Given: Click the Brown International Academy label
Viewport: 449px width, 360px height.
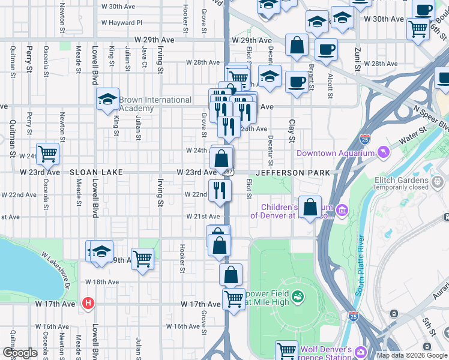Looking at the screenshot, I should tap(155, 104).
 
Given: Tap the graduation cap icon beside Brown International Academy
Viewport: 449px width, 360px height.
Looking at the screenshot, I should tap(107, 99).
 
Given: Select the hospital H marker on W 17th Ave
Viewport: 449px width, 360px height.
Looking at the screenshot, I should tap(89, 304).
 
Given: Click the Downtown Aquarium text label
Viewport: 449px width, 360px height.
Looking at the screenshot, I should tap(335, 154).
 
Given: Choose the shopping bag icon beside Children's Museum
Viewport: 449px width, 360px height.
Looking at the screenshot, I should tap(310, 208).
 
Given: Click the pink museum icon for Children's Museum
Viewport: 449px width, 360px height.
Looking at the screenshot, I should tap(342, 211).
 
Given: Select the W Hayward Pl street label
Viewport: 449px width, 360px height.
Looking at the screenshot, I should tap(122, 22).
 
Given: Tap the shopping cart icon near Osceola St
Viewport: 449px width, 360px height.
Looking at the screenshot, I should tap(47, 154).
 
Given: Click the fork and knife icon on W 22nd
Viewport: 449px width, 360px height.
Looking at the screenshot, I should tap(220, 190).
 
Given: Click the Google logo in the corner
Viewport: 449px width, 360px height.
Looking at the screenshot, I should tap(20, 353).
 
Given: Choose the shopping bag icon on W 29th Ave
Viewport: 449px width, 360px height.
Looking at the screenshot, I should tap(297, 45).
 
